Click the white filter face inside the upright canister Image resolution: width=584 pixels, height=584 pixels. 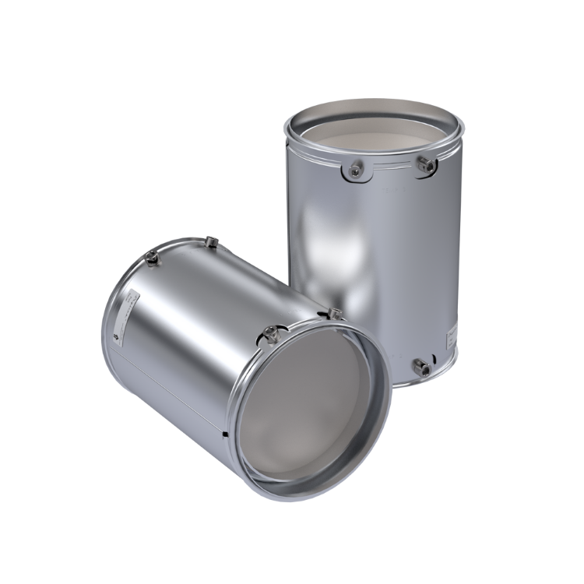click(374, 136)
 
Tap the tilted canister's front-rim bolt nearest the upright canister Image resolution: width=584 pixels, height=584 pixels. click(336, 314)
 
